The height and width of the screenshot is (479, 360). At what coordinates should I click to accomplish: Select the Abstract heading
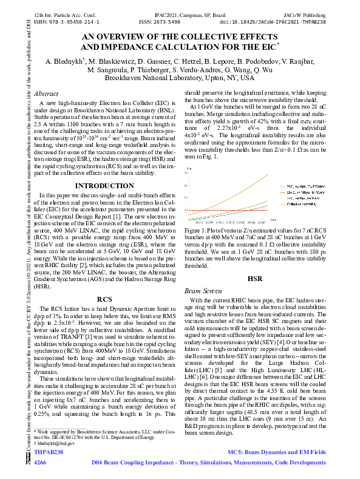46,94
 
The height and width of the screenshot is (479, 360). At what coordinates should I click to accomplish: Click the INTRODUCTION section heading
104,185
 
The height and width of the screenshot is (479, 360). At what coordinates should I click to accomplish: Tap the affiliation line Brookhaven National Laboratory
180,78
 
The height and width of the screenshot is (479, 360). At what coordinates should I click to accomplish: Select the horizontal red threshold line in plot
243,211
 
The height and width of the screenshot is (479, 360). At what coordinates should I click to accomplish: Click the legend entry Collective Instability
304,204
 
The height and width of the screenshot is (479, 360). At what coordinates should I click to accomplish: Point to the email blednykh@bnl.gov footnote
55,443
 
